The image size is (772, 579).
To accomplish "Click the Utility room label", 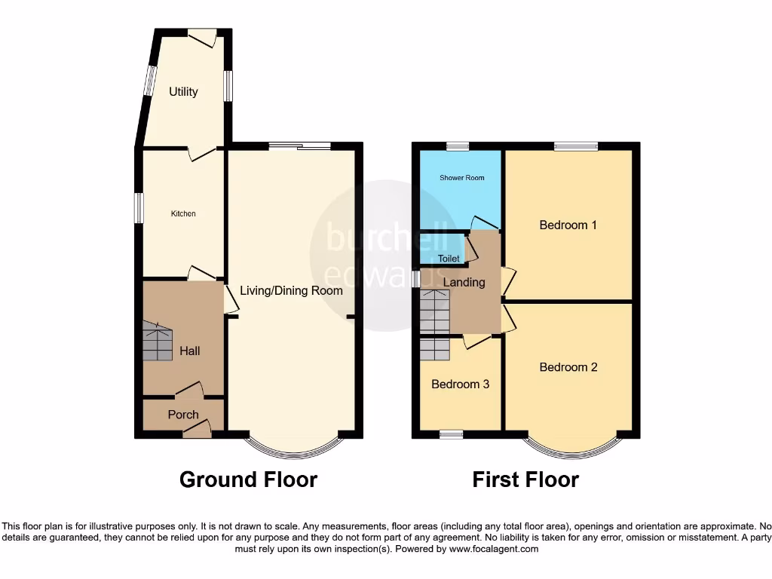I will (183, 92).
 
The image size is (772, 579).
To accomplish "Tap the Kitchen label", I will (183, 214).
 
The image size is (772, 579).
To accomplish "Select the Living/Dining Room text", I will (291, 290).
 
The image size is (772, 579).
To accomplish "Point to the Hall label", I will (190, 351).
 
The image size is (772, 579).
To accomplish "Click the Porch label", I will (183, 415).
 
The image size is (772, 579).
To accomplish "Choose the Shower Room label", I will (462, 178).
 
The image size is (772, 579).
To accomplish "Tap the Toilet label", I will (449, 259).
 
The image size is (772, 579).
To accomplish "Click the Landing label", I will (464, 282).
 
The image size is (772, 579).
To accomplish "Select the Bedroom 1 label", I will (568, 225).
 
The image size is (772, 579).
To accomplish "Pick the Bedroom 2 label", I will (568, 367).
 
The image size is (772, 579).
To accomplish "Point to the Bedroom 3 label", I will (460, 384).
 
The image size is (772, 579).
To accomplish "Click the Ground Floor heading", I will (248, 479).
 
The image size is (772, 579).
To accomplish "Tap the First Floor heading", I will (525, 479).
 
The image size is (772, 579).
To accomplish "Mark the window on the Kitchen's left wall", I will (139, 208).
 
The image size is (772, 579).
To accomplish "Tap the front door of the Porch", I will (196, 431).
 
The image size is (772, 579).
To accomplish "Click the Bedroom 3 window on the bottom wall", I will (451, 434).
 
